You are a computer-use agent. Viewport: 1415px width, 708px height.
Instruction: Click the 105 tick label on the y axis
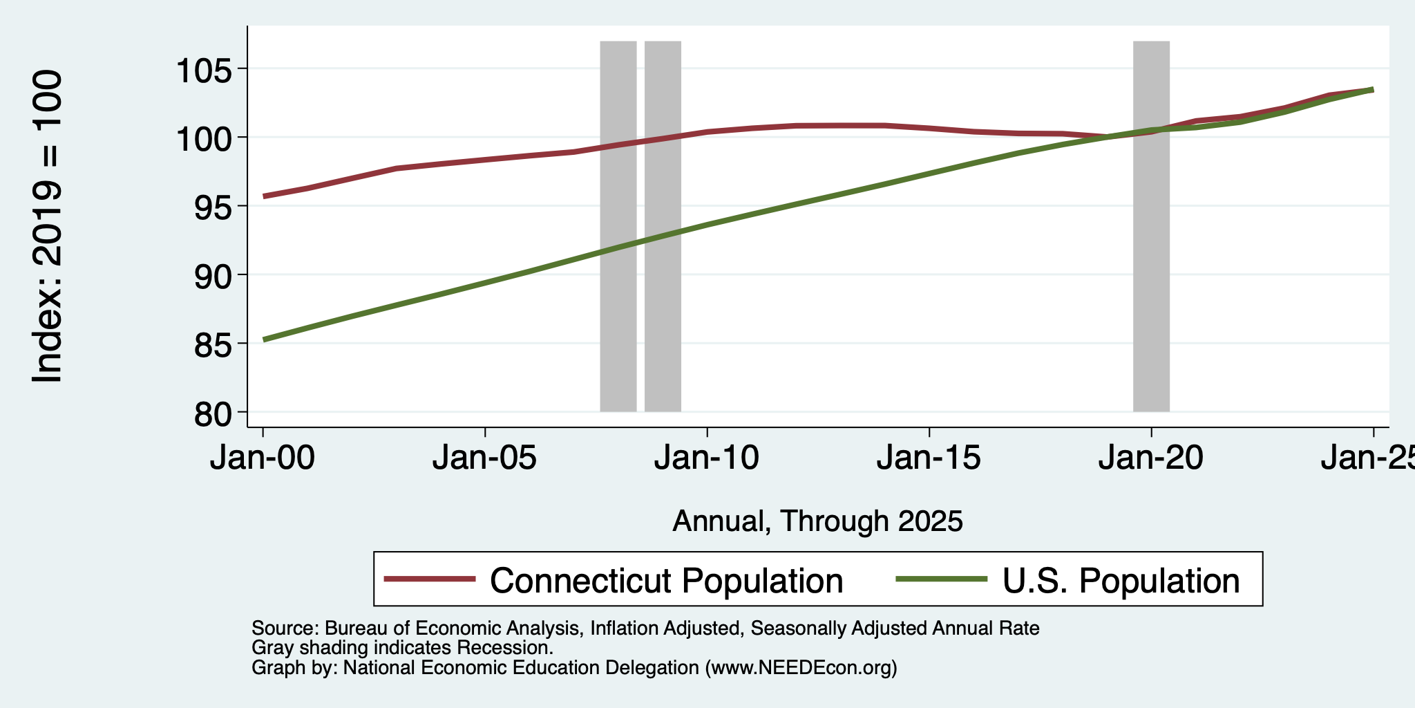[x=205, y=69]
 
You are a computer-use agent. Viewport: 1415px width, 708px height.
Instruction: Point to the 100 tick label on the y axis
[x=205, y=138]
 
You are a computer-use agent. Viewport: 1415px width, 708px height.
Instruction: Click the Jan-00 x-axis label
[x=263, y=458]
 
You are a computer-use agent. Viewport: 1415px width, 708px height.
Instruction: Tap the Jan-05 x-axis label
[x=485, y=458]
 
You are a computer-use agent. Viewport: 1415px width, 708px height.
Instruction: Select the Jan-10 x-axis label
[x=707, y=458]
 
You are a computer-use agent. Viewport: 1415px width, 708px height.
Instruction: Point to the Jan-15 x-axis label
[x=929, y=458]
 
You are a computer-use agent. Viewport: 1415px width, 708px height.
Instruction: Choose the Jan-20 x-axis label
[x=1151, y=458]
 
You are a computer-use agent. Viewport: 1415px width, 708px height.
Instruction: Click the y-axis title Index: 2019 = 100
[x=48, y=226]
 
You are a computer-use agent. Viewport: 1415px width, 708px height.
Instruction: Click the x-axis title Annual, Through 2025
[x=817, y=521]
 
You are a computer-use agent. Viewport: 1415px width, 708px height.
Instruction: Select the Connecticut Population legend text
[x=667, y=580]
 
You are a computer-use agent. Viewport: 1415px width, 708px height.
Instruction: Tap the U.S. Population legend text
[x=1121, y=580]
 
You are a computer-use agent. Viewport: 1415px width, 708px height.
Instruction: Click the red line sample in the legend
[x=430, y=579]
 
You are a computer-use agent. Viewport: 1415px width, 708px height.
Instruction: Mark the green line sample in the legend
[x=942, y=579]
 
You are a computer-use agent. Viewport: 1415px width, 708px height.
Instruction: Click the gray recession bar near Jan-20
[x=1151, y=226]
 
